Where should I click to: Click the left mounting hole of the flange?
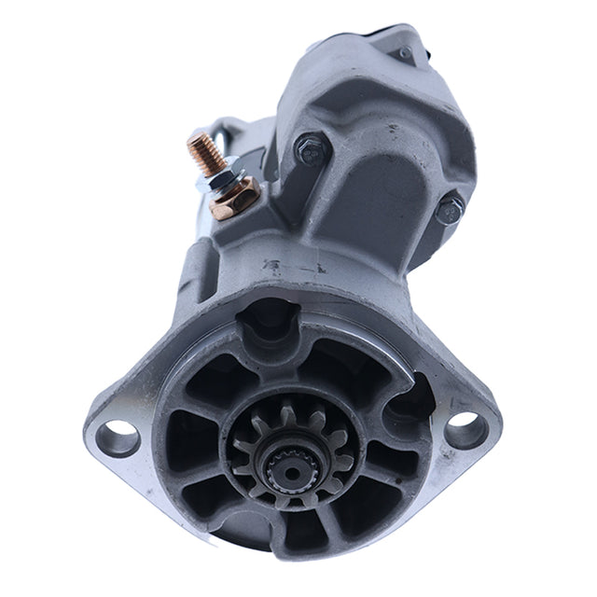pyautogui.click(x=118, y=436)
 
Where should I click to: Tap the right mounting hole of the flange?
pyautogui.click(x=464, y=423)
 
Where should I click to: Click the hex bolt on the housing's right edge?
pyautogui.click(x=450, y=211)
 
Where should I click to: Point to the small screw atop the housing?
pyautogui.click(x=403, y=52)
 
